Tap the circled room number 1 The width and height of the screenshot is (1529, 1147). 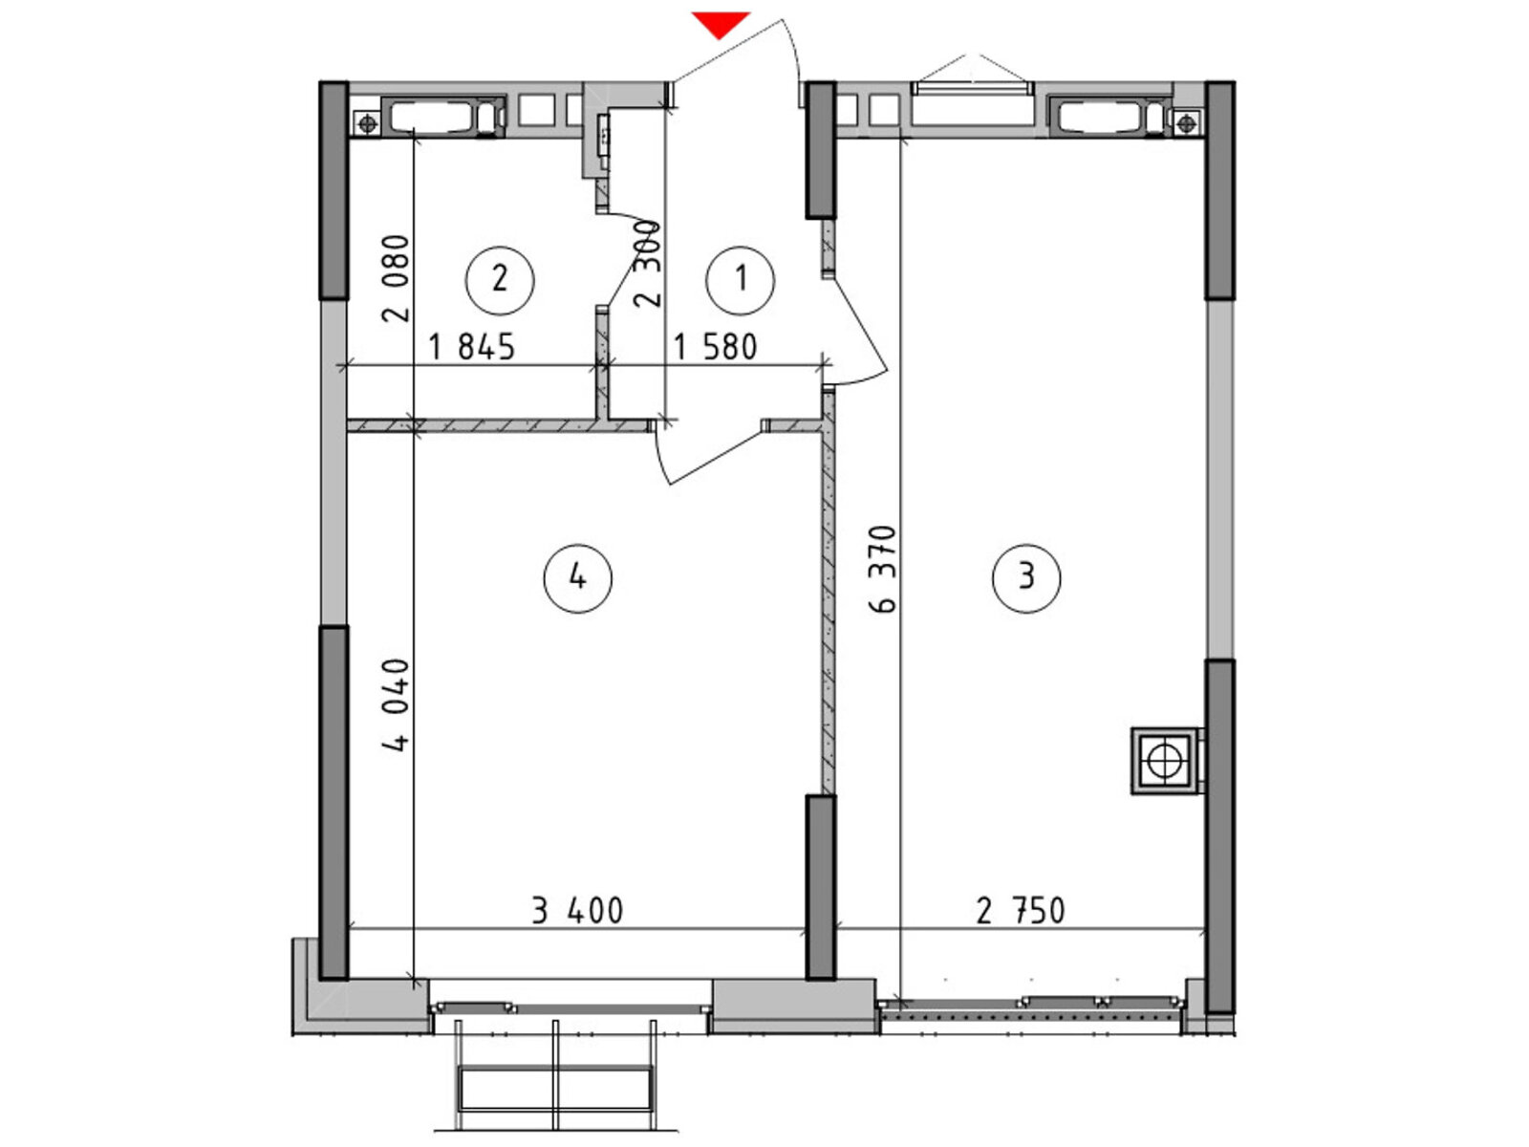tap(740, 279)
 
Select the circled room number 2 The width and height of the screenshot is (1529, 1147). tap(500, 279)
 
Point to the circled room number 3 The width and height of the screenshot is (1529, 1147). tap(1026, 578)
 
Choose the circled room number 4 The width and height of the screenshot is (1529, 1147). tap(577, 578)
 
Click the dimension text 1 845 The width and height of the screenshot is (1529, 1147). tap(471, 346)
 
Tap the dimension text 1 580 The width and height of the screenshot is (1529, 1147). tap(714, 346)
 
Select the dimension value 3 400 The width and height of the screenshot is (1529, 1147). tap(577, 910)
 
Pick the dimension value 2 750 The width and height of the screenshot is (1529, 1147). tap(1021, 910)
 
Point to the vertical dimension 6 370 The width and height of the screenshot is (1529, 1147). tap(882, 569)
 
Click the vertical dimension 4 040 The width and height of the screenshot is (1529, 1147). tap(396, 704)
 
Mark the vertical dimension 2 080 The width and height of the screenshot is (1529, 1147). tap(396, 278)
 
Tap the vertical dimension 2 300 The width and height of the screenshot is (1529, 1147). tap(647, 264)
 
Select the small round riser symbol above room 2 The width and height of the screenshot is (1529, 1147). tap(367, 124)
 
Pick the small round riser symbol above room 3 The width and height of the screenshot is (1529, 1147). tap(1186, 124)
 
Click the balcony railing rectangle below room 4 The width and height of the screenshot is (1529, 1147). tap(554, 1088)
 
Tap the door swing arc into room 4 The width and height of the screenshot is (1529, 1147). tap(659, 457)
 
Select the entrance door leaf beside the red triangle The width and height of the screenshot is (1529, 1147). tap(728, 50)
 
